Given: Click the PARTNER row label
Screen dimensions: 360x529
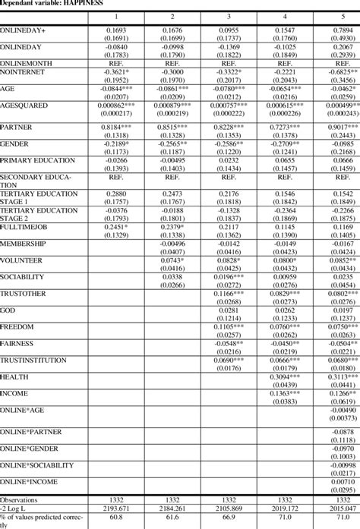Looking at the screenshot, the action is (17, 128).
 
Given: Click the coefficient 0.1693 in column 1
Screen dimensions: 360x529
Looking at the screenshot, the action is (115, 30).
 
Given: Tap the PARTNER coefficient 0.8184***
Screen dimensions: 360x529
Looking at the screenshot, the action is (115, 128).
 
